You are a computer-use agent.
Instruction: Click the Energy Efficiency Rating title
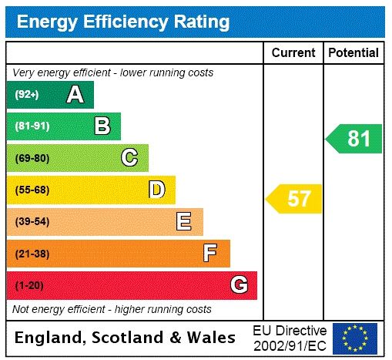point(123,22)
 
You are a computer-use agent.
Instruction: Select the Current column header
point(293,53)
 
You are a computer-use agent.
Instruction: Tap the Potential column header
point(353,53)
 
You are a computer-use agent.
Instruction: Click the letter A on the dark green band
point(75,95)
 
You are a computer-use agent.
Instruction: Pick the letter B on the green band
point(102,126)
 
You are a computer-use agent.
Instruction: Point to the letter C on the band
point(129,158)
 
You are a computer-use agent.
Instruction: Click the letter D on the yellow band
point(157,190)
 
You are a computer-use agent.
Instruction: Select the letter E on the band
point(184,222)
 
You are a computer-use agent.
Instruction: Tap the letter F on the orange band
point(210,253)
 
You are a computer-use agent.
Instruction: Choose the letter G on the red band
point(239,285)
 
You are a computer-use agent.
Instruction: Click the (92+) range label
point(27,95)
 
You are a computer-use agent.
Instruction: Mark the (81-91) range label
point(32,126)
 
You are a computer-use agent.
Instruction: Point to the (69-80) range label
point(32,158)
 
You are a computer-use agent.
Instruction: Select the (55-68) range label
point(32,190)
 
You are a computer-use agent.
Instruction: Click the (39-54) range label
point(32,222)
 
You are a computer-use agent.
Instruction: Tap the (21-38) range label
point(32,253)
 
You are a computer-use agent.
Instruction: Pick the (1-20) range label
point(29,285)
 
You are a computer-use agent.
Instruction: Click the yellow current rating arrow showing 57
point(295,199)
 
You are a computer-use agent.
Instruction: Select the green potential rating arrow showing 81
point(355,139)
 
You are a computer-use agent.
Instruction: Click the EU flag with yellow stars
point(354,338)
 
